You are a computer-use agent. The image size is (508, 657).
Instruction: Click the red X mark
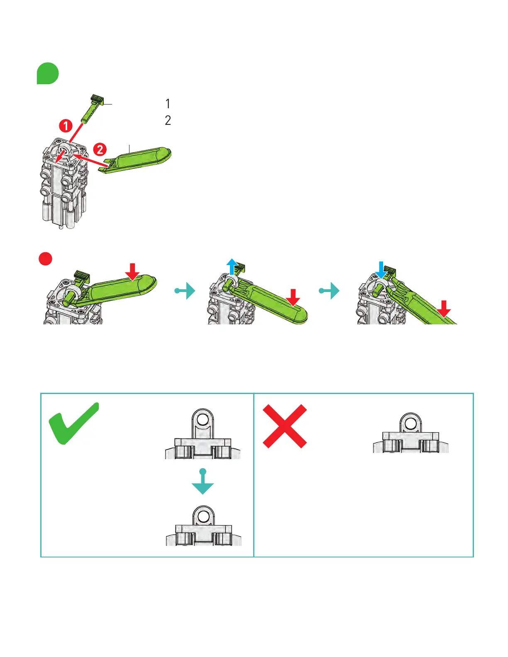(x=285, y=426)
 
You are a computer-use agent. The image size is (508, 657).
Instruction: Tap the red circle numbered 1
(x=66, y=125)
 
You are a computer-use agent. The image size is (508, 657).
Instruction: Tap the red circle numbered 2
(x=100, y=149)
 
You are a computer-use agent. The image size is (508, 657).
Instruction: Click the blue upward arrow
(x=232, y=267)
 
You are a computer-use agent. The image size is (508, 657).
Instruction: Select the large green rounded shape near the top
(x=48, y=73)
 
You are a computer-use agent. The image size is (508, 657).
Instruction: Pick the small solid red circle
(x=45, y=258)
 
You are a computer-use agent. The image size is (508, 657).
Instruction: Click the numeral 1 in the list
(x=168, y=104)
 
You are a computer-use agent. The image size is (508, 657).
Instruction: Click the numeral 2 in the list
(x=168, y=120)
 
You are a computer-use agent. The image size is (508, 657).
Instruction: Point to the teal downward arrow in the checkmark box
(x=203, y=483)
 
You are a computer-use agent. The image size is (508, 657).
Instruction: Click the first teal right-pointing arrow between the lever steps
(x=186, y=291)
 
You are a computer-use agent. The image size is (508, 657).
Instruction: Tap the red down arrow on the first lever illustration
(x=132, y=271)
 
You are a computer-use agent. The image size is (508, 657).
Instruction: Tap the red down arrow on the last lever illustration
(x=444, y=308)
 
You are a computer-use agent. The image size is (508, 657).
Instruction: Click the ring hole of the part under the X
(x=411, y=423)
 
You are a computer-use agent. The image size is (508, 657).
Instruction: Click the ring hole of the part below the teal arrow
(x=203, y=516)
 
